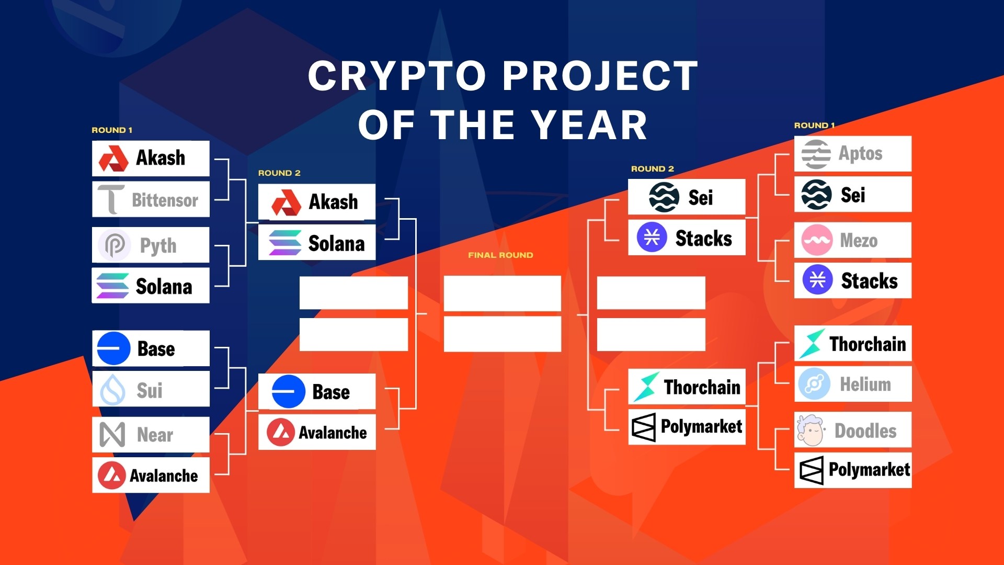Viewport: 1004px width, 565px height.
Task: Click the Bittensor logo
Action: tap(111, 199)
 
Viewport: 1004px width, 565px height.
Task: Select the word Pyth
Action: tap(158, 245)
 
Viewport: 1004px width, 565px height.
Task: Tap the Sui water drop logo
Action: tap(112, 390)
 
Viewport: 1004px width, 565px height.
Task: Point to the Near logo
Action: tap(112, 434)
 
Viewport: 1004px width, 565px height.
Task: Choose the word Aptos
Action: tap(860, 153)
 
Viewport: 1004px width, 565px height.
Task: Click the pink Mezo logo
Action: tap(816, 240)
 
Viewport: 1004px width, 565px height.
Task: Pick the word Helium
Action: tap(865, 385)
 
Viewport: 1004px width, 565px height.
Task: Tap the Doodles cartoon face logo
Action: tap(811, 430)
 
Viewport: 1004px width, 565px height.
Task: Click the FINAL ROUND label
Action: tap(500, 255)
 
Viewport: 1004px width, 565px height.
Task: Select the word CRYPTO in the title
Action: tap(397, 76)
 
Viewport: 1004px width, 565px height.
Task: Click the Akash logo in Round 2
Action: tap(286, 202)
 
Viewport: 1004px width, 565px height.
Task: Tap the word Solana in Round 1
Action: tap(164, 287)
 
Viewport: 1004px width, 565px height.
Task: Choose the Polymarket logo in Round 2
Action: tap(643, 427)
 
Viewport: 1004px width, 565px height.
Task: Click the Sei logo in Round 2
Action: tap(664, 197)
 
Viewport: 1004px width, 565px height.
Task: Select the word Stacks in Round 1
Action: tap(869, 281)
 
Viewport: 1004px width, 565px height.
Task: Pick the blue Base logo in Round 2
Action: tap(288, 391)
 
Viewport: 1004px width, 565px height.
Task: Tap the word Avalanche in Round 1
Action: tap(164, 476)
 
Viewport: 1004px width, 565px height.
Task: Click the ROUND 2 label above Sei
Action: tap(652, 169)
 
